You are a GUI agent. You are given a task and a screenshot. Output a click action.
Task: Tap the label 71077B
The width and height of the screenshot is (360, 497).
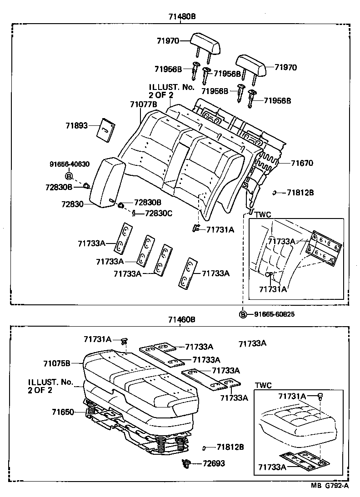pos(143,104)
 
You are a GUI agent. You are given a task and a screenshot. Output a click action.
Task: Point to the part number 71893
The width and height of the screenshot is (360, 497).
pos(76,126)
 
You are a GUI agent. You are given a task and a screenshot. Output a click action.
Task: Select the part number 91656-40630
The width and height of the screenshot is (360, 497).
pos(70,164)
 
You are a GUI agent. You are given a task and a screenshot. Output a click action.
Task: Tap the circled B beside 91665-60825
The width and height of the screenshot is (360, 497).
pos(243,314)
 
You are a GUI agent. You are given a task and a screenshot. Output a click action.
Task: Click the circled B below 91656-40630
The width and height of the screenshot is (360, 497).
pos(69,176)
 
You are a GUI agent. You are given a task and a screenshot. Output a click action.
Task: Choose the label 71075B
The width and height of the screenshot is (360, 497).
pos(57,363)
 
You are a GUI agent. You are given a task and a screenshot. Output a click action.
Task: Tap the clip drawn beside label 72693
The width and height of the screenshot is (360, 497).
pos(185,463)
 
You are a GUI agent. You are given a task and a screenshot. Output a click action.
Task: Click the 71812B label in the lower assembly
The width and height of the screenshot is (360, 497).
pos(230,447)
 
